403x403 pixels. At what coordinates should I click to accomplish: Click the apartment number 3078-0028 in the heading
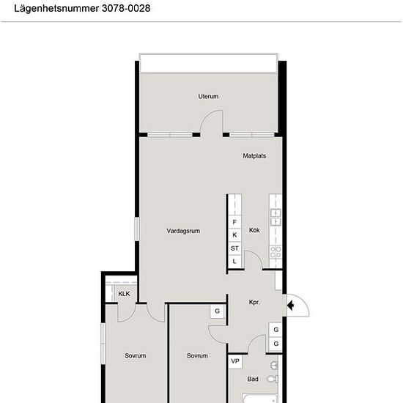point(126,8)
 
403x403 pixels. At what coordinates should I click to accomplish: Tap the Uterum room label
point(208,97)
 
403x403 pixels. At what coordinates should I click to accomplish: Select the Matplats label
point(254,156)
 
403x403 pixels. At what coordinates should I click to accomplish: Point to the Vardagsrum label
point(183,231)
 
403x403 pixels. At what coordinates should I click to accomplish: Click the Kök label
point(254,230)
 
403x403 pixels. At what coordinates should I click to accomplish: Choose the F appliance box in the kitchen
point(234,222)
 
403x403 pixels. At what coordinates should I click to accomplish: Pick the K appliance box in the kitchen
point(234,235)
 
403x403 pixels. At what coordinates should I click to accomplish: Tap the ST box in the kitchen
point(234,248)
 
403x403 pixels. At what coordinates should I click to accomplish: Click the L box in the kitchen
point(234,262)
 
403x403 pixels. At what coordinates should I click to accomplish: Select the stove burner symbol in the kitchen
point(276,252)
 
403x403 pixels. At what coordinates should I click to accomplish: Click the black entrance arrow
point(290,306)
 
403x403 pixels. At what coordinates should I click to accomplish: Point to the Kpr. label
point(254,302)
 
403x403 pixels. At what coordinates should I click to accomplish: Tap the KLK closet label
point(124,294)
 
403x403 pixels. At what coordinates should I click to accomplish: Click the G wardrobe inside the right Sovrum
point(218,311)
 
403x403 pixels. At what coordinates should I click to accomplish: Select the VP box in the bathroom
point(235,361)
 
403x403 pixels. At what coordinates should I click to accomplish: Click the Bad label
point(253,379)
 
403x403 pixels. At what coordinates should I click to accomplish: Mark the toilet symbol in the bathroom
point(273,379)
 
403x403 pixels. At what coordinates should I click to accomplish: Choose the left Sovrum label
point(136,355)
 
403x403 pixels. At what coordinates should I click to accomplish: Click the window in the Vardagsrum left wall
point(137,229)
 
